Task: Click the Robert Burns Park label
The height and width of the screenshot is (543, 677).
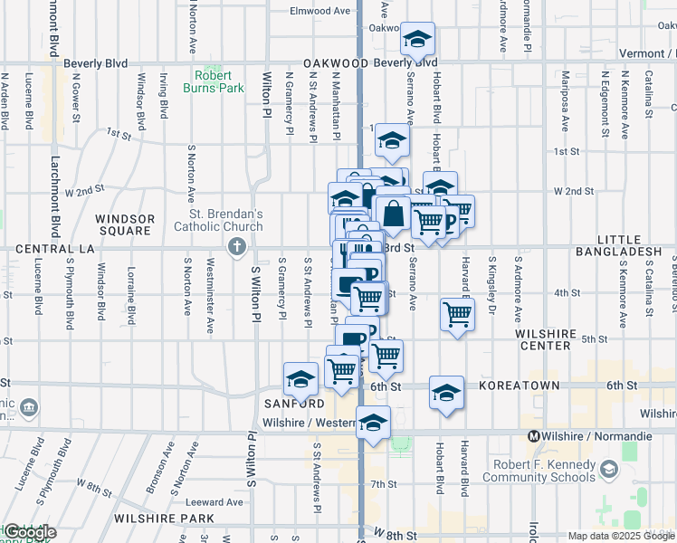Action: tap(219, 82)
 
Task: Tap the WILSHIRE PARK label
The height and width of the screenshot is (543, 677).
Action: tap(164, 519)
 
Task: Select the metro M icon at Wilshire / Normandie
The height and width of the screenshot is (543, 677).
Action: tap(534, 436)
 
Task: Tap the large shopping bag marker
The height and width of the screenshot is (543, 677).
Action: tap(395, 215)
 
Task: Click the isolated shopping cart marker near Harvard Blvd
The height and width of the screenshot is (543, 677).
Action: tap(458, 315)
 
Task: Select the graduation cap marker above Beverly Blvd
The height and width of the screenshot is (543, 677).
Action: tap(417, 40)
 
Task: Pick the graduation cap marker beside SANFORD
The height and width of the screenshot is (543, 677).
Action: tap(300, 378)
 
